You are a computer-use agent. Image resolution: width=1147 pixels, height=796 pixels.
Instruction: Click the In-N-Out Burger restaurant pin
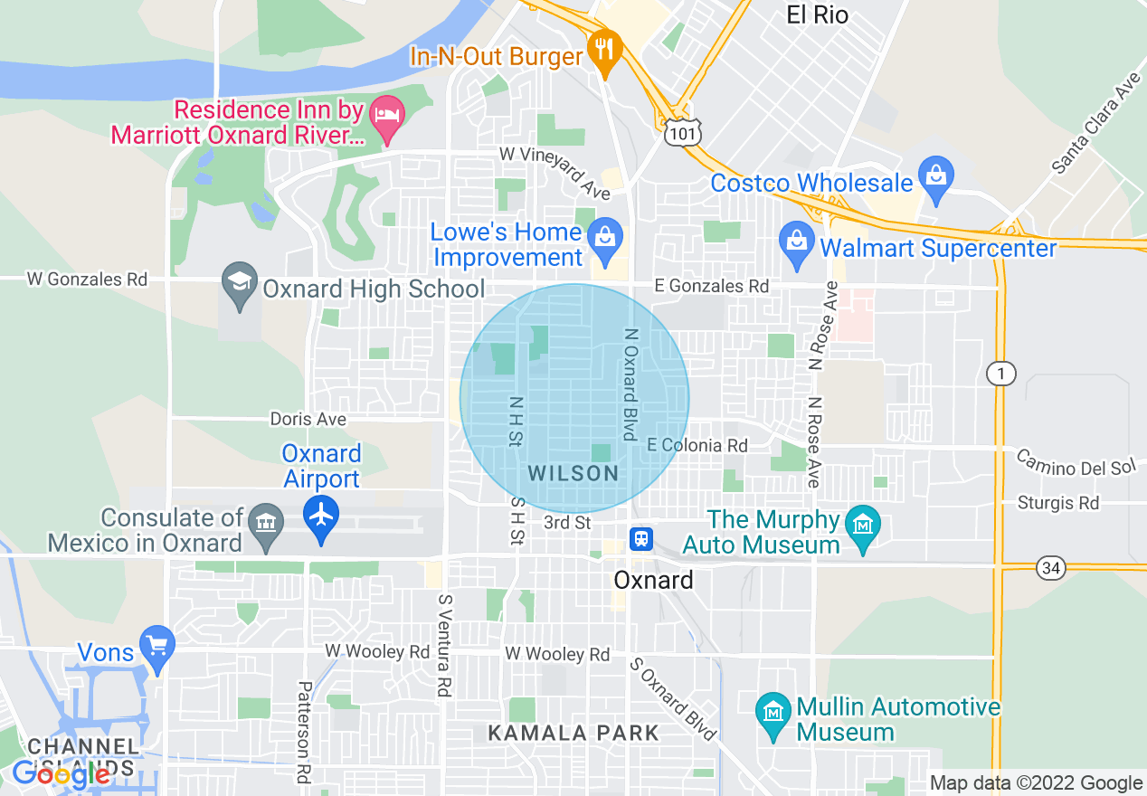(x=603, y=49)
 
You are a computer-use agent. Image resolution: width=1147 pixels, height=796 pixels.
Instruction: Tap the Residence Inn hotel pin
(x=388, y=118)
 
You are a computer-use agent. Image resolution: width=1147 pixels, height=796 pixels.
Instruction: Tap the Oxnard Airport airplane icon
(x=322, y=515)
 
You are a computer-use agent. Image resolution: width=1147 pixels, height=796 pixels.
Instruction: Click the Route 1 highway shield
(x=1001, y=374)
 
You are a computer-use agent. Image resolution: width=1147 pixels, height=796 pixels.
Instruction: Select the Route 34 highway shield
(x=1051, y=569)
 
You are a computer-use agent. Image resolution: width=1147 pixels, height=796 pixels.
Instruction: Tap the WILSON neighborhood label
(x=573, y=473)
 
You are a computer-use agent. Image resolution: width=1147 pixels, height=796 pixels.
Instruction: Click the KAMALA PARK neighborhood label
(x=573, y=733)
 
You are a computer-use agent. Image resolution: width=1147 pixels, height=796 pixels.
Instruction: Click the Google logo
(x=60, y=774)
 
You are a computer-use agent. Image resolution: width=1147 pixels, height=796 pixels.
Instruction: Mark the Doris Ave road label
(x=308, y=420)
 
